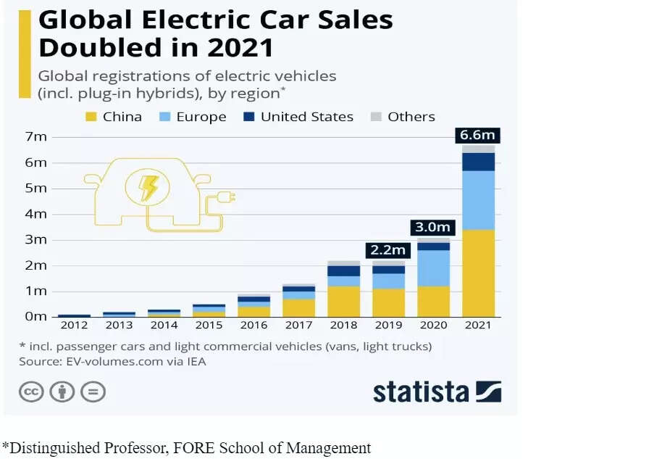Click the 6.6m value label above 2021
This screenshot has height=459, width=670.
478,136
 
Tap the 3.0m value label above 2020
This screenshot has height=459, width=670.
432,228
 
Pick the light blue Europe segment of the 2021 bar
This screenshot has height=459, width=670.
478,200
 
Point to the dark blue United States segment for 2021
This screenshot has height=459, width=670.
478,162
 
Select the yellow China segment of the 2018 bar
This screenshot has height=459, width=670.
343,301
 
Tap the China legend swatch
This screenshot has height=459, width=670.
91,117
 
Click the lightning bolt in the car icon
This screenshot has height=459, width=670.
148,188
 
